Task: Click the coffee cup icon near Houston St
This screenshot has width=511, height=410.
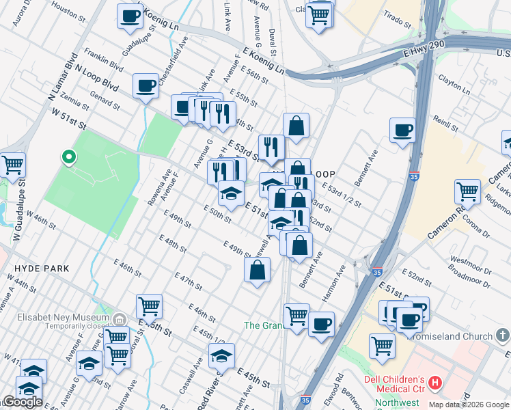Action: pyautogui.click(x=129, y=16)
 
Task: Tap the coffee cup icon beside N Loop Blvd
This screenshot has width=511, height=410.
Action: pyautogui.click(x=146, y=86)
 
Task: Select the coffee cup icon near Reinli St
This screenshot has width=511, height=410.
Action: pyautogui.click(x=402, y=130)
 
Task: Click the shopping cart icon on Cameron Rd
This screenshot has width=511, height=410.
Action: pyautogui.click(x=467, y=192)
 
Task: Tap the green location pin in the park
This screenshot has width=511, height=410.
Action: pyautogui.click(x=68, y=158)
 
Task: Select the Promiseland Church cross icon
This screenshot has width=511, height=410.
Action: pyautogui.click(x=503, y=336)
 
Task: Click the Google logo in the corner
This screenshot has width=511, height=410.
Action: pyautogui.click(x=23, y=402)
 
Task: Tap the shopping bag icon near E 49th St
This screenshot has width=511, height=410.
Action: pyautogui.click(x=257, y=270)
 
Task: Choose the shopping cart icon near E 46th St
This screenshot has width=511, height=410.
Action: pyautogui.click(x=149, y=307)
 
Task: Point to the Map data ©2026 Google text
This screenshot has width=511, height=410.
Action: pyautogui.click(x=469, y=405)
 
